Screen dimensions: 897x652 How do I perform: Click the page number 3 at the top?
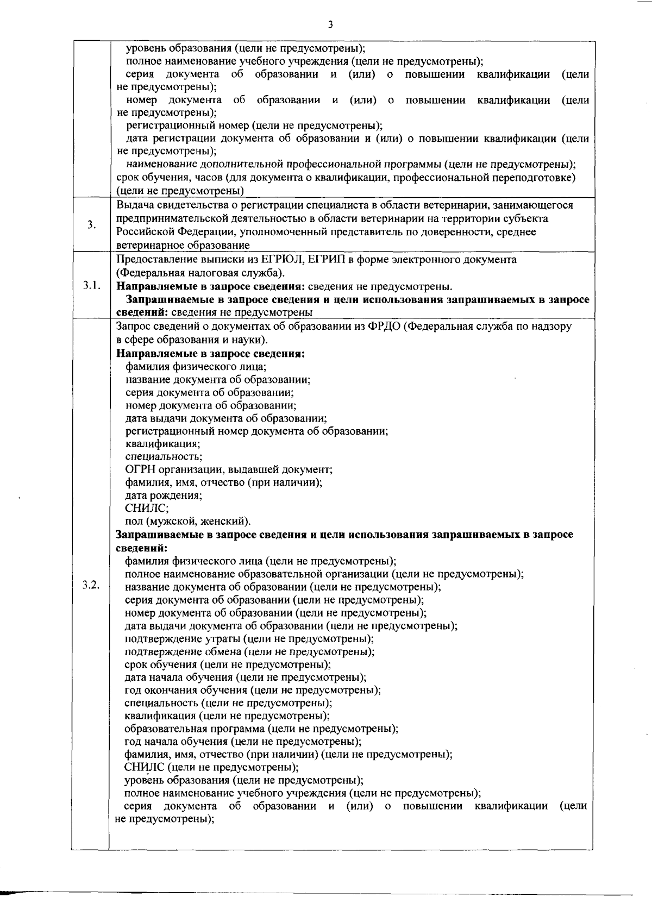[x=330, y=24]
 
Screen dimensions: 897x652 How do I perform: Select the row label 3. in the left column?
[x=92, y=225]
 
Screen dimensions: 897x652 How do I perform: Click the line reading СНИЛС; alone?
[x=147, y=508]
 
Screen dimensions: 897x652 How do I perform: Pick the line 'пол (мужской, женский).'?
[x=188, y=522]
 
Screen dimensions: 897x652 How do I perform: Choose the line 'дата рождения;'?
[x=164, y=495]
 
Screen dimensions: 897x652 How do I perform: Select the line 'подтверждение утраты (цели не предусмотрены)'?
[x=249, y=638]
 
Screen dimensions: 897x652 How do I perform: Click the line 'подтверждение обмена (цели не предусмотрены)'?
[x=249, y=651]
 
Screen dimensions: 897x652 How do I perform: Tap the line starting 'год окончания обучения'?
[x=252, y=690]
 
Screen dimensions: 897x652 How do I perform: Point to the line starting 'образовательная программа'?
[x=261, y=729]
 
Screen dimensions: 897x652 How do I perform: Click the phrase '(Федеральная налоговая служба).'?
[x=200, y=273]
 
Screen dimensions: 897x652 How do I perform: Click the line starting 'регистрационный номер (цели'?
[x=254, y=126]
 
